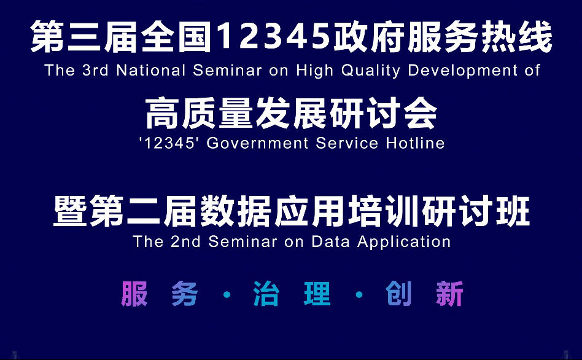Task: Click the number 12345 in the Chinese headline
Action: coord(274,36)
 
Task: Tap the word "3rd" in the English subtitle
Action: coord(95,70)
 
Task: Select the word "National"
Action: coord(150,70)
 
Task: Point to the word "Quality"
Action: coord(370,71)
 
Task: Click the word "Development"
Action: coord(462,71)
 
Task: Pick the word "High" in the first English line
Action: coord(314,71)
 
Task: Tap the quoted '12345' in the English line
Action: coord(167,143)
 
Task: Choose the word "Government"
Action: coord(257,143)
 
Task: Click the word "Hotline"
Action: coord(415,143)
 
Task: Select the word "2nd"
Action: coord(185,241)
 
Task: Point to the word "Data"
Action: coord(330,241)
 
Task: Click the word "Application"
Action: coord(404,242)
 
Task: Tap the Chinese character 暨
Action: coord(70,211)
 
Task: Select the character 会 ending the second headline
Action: coord(420,113)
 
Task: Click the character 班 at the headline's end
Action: coord(513,211)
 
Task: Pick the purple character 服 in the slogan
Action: coord(134,294)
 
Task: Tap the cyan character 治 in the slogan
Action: coord(266,294)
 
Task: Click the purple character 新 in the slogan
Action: coord(449,294)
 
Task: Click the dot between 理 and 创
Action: coord(359,295)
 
